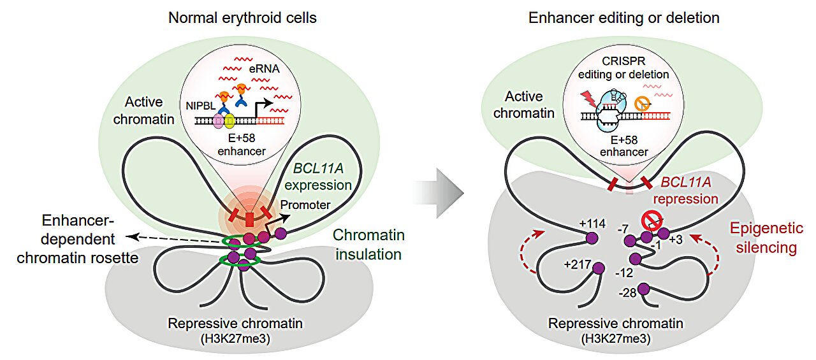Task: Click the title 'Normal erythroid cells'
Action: [x=242, y=17]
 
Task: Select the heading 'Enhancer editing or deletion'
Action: [x=624, y=17]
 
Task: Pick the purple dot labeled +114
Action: [x=592, y=238]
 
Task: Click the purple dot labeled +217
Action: [x=598, y=269]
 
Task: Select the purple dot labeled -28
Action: [x=644, y=291]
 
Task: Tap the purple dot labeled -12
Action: [x=636, y=259]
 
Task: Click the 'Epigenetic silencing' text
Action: [x=765, y=238]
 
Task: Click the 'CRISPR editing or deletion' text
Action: [x=623, y=66]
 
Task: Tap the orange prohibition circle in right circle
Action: [x=642, y=101]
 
